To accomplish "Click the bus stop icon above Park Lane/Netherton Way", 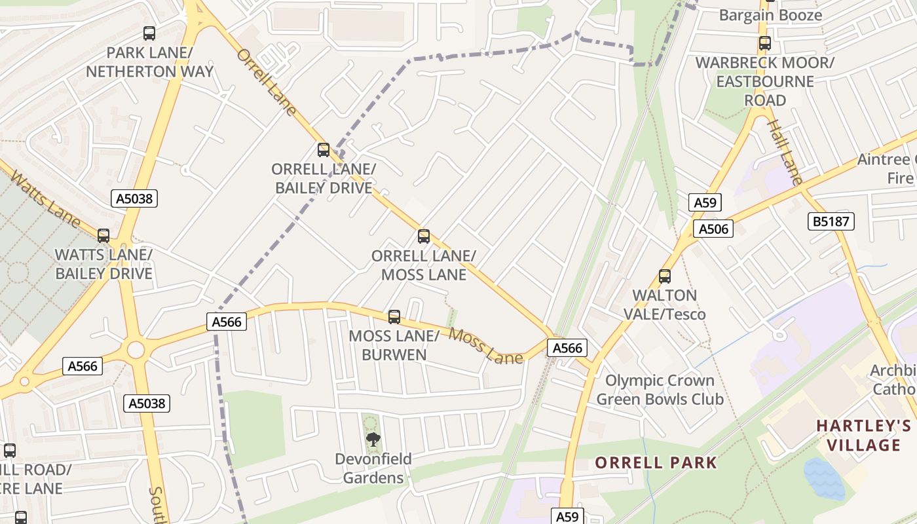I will pos(149,33).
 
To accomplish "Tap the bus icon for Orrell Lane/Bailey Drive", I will pos(324,150).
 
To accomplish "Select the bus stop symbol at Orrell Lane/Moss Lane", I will pos(424,236).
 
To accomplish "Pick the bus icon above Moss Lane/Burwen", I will pos(394,317).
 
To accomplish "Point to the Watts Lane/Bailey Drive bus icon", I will pos(103,236).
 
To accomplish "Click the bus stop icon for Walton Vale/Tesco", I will pos(665,276).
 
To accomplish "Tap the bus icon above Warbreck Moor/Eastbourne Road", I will pos(764,44).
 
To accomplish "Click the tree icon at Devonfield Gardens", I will pos(373,439).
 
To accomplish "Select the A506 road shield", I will pos(713,229).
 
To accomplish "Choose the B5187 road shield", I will pos(831,221).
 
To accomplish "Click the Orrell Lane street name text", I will pos(267,83).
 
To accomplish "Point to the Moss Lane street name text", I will pos(486,346).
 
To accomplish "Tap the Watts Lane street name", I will pos(45,199).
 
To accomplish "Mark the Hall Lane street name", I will pos(785,153).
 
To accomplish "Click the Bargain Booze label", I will pos(770,15).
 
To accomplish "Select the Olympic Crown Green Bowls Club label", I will pos(660,390).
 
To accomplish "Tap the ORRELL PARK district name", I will pos(656,462).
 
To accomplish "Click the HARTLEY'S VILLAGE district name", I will pos(863,436).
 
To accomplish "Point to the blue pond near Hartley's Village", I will pos(823,479).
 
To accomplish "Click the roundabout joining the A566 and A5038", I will pos(136,350).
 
